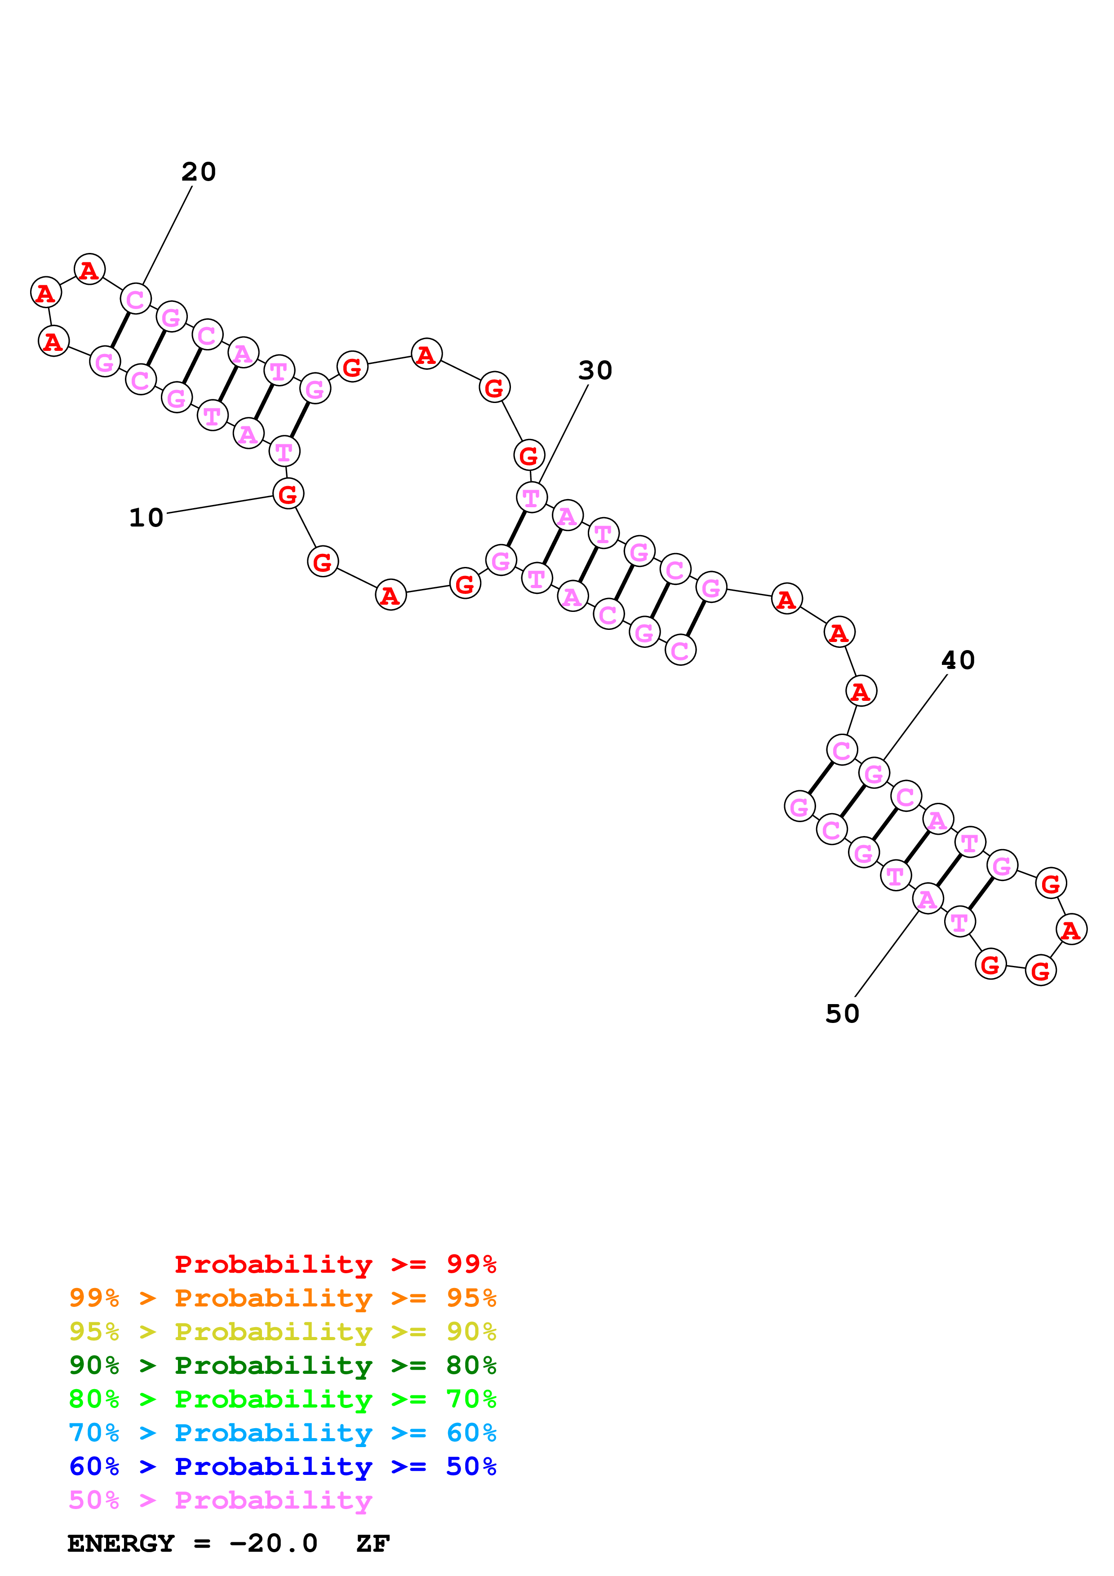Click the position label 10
click(x=146, y=518)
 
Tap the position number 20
click(x=198, y=172)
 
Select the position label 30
click(x=595, y=371)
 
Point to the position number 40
click(x=958, y=660)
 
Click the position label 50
click(x=842, y=1014)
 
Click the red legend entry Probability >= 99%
click(x=335, y=1264)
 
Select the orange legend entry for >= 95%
click(x=282, y=1298)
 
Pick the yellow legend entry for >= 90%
click(x=282, y=1332)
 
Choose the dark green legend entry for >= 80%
click(x=282, y=1365)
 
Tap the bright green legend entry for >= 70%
click(x=282, y=1399)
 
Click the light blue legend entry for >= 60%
click(x=282, y=1433)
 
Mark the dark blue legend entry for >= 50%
click(x=282, y=1466)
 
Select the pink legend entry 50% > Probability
click(x=220, y=1500)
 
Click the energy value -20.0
click(x=273, y=1544)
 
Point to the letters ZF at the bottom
click(x=373, y=1544)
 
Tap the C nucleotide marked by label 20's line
click(x=135, y=299)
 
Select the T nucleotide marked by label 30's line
click(x=531, y=497)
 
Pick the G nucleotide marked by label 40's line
click(x=874, y=774)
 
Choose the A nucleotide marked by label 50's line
click(x=928, y=899)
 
